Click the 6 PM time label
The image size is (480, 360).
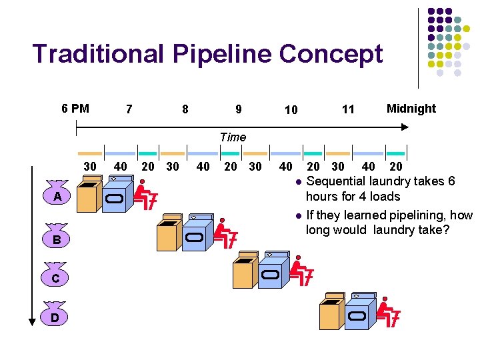(x=75, y=109)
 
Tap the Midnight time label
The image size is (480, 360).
(x=411, y=109)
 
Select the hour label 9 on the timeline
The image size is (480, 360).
(x=239, y=109)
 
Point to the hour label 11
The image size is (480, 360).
(x=348, y=109)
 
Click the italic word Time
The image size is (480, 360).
(x=233, y=137)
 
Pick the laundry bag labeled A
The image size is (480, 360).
(x=58, y=195)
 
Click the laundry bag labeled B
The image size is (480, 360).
(x=57, y=237)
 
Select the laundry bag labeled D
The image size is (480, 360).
(x=55, y=317)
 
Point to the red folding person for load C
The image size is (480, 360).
(x=301, y=273)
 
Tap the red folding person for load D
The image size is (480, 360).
(x=388, y=315)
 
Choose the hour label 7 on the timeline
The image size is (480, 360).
(x=129, y=109)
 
